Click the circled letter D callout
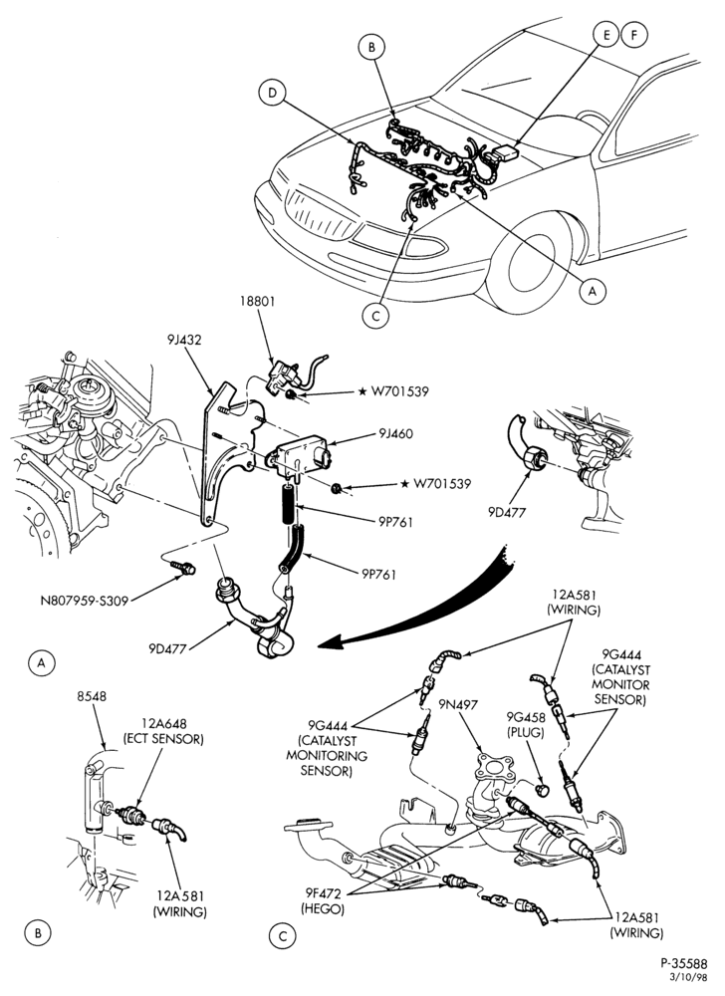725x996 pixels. [272, 94]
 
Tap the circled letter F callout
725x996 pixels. [633, 35]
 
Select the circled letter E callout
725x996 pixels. [606, 35]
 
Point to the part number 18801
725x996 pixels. [257, 301]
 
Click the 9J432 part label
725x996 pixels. [184, 340]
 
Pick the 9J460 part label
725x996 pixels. [395, 434]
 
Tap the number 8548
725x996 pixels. [92, 697]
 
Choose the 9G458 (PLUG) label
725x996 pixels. [526, 724]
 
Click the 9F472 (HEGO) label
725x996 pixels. [323, 902]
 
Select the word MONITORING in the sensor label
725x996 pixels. [327, 756]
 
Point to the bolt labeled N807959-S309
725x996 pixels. [183, 567]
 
